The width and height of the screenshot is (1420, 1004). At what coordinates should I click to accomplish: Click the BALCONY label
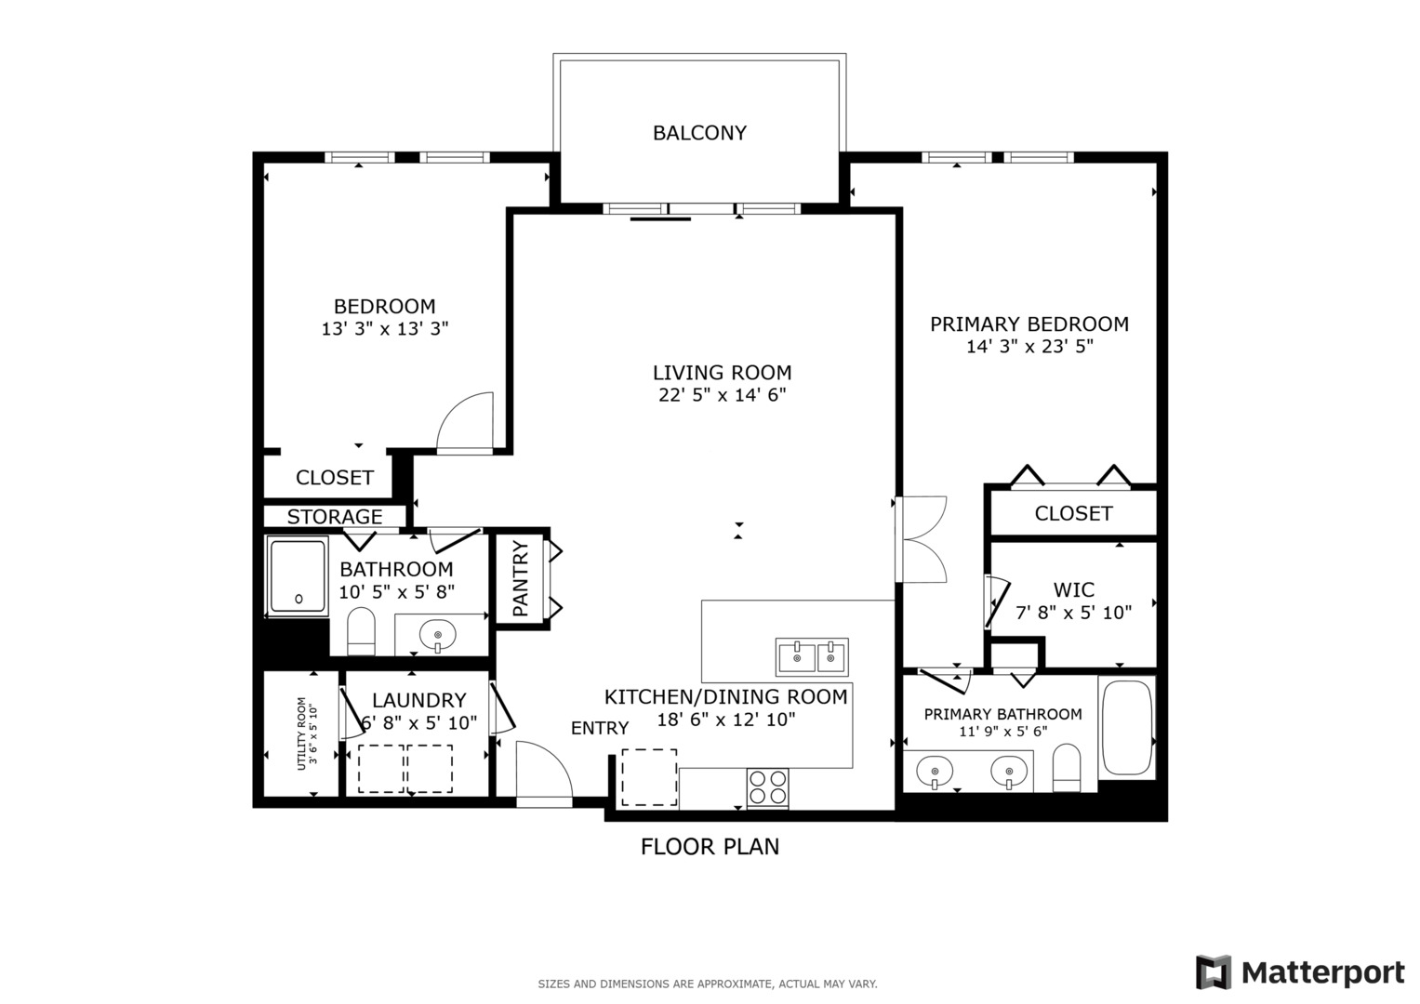click(699, 133)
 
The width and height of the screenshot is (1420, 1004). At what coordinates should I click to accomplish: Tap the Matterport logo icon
click(1214, 972)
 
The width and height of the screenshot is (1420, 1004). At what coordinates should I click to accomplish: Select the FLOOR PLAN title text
click(710, 846)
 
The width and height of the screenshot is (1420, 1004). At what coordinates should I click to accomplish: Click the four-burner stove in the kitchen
click(767, 787)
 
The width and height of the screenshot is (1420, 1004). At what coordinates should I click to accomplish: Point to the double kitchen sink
click(812, 655)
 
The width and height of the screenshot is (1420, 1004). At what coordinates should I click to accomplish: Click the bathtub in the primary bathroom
click(1126, 728)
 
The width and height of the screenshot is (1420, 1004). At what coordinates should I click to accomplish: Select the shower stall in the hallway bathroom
click(298, 575)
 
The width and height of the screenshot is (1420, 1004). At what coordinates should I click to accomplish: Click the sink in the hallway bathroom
click(438, 636)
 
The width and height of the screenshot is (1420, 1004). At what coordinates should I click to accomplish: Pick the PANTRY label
click(521, 579)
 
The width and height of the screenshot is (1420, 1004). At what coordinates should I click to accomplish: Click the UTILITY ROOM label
click(307, 733)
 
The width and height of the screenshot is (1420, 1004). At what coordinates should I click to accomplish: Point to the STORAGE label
click(335, 517)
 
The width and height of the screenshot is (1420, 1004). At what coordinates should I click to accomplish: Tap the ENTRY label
click(600, 728)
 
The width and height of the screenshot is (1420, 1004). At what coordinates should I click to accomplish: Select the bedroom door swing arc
click(464, 422)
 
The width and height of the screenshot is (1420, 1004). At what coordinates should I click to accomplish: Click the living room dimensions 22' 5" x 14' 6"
click(722, 395)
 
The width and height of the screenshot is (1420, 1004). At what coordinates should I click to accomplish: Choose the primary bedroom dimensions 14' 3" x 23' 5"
click(1029, 347)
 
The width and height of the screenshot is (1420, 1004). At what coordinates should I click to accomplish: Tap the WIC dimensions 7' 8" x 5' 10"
click(1073, 613)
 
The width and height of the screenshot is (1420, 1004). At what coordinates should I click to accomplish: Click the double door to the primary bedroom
click(921, 539)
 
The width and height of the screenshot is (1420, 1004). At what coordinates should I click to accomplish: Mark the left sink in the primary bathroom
click(934, 772)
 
